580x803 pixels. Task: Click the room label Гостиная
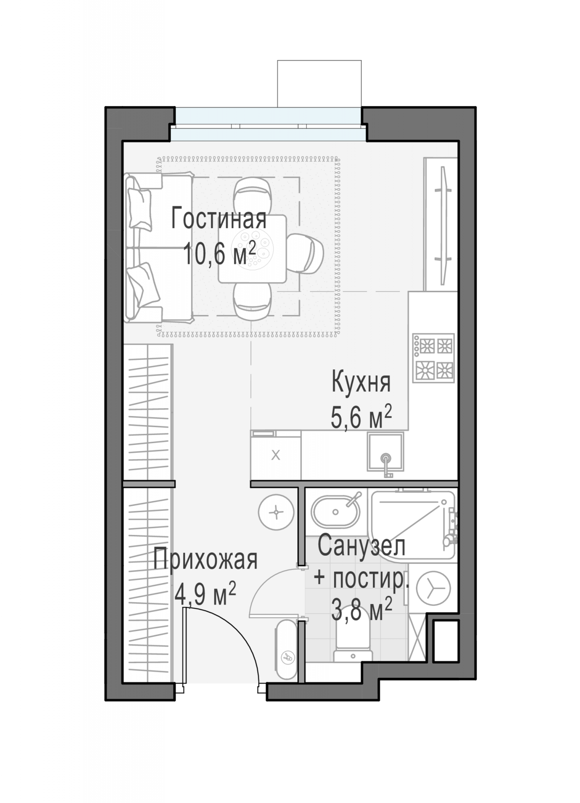[219, 219]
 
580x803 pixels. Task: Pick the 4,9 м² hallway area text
[205, 594]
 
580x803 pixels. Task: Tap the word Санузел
[361, 546]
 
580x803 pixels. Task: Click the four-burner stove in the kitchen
[434, 358]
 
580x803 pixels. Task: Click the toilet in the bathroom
[353, 643]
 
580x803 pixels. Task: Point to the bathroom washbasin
[336, 512]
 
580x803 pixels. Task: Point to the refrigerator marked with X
[276, 455]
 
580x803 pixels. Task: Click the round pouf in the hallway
[276, 512]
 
